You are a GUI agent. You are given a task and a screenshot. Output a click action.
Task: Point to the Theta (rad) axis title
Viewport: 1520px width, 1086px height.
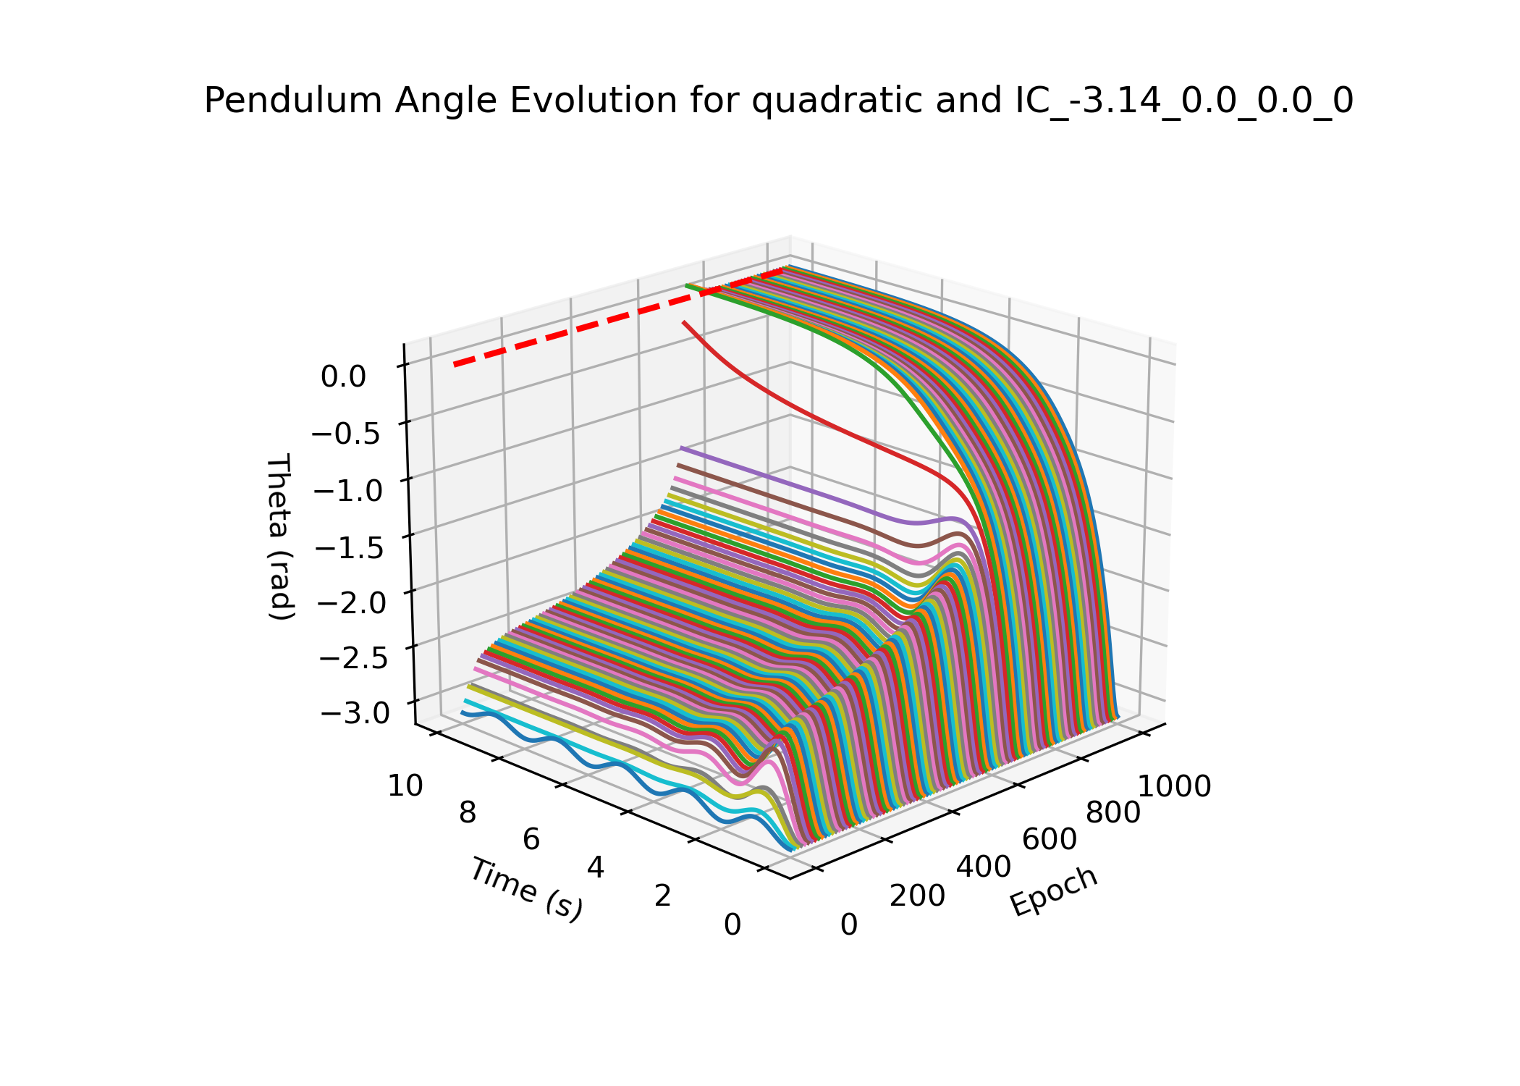[279, 537]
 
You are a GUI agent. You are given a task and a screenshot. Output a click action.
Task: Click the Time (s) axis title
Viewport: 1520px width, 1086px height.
[526, 889]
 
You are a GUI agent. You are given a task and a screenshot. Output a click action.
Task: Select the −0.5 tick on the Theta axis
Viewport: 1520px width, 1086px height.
[345, 434]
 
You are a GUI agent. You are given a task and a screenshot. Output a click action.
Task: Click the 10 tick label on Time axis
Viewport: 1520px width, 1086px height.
[405, 786]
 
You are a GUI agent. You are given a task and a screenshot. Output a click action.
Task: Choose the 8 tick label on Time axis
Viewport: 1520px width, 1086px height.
[468, 813]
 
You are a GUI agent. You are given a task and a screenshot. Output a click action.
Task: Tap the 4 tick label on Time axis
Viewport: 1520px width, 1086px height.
[595, 867]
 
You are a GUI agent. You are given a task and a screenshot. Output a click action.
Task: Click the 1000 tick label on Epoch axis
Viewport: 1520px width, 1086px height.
[1175, 786]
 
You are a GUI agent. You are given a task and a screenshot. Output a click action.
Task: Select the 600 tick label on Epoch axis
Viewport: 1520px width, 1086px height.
[1049, 840]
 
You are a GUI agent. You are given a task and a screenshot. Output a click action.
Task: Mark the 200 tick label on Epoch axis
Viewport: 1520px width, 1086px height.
[917, 896]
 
